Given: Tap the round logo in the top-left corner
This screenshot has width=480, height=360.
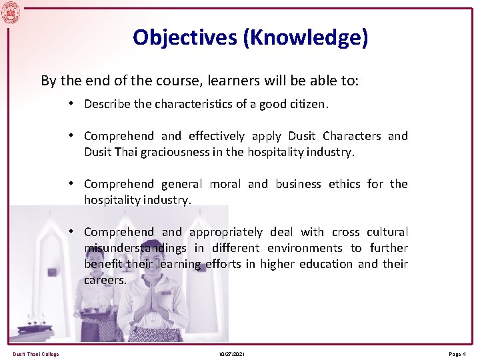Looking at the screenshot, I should [11, 12].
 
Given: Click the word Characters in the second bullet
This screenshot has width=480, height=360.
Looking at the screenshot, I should [352, 136].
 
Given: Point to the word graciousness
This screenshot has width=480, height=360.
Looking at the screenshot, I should [169, 152].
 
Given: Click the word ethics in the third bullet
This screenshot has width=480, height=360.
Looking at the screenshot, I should [345, 184].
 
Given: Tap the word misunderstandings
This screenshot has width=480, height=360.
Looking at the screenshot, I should [135, 248].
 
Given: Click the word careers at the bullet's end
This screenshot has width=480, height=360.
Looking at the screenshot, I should [105, 280].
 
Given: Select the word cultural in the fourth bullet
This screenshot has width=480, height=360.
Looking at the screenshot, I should [387, 232].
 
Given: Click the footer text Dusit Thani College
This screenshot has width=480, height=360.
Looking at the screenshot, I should [35, 354].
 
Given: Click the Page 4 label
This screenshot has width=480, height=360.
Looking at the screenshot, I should [457, 354].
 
